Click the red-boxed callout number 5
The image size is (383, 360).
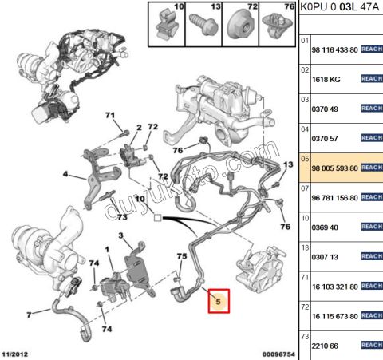click(x=218, y=302)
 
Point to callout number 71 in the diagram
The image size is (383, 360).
click(x=111, y=117)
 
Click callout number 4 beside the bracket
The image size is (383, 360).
click(x=65, y=172)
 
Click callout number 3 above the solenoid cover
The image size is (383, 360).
click(x=120, y=235)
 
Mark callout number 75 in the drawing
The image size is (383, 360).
click(x=181, y=256)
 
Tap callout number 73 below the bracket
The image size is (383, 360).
click(x=122, y=216)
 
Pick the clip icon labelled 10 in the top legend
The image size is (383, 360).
click(x=167, y=24)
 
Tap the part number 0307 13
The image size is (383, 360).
click(x=324, y=257)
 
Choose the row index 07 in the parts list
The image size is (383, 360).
click(x=304, y=188)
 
